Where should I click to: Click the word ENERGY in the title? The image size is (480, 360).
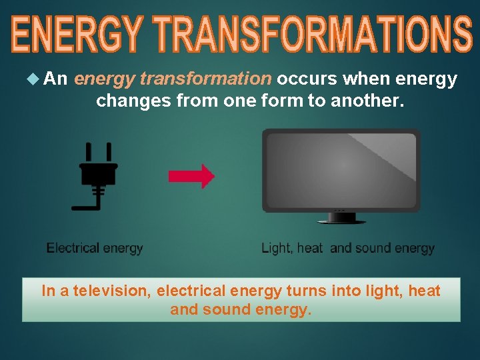[x=77, y=35]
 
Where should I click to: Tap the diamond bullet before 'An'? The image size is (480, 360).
[x=35, y=79]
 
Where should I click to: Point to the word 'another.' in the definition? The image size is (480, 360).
[x=367, y=101]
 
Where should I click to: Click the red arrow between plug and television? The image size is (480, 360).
[x=191, y=176]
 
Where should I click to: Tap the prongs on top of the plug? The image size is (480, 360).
[x=98, y=152]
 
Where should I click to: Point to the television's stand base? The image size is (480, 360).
[x=341, y=219]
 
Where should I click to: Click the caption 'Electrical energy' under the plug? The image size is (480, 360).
[x=95, y=248]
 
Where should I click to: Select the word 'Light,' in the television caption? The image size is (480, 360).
[x=277, y=248]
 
